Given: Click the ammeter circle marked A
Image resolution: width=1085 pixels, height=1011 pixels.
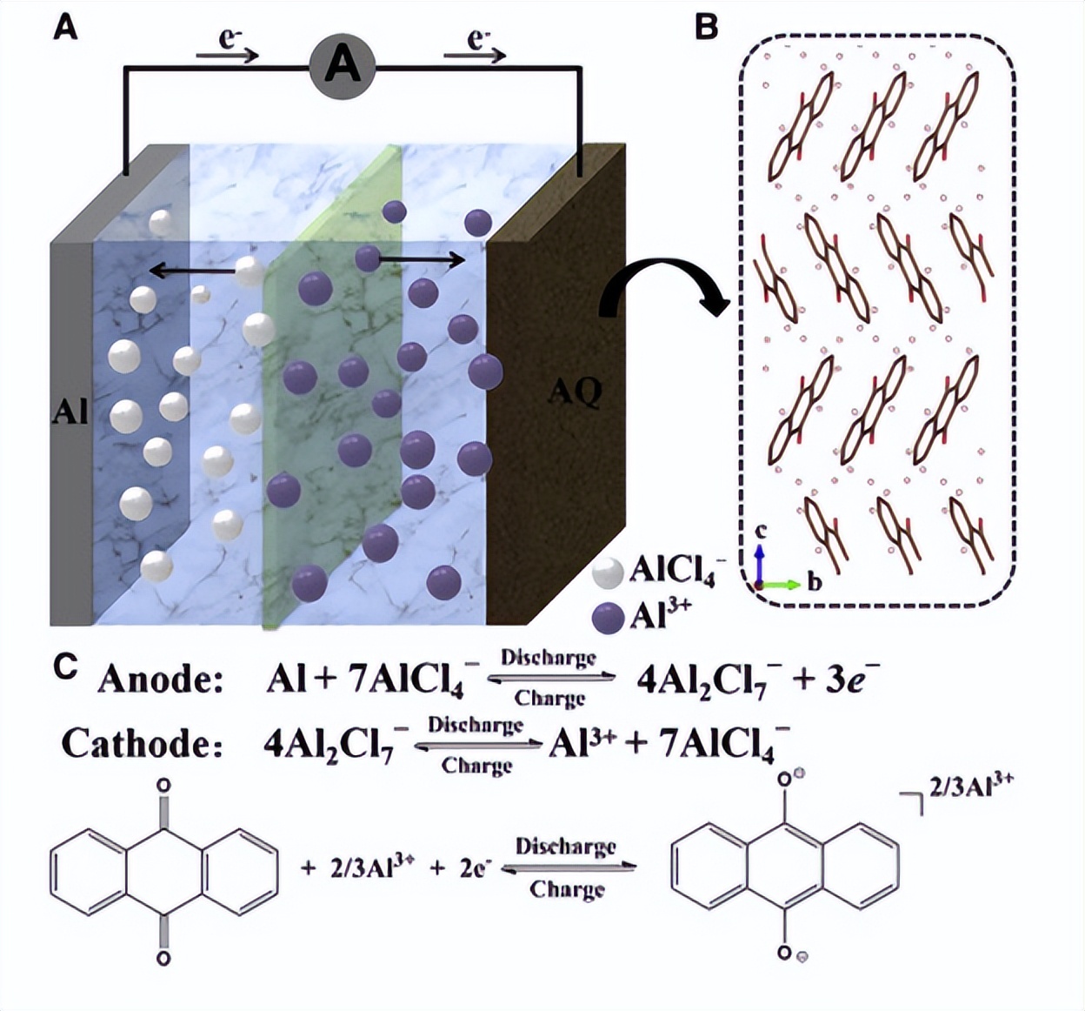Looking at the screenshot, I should (342, 65).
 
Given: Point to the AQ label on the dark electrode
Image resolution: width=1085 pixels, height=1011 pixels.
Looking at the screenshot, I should (575, 393).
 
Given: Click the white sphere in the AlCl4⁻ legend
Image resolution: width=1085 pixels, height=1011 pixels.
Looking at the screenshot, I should (608, 572).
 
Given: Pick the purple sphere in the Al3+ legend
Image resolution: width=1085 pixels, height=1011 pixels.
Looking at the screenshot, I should (608, 617).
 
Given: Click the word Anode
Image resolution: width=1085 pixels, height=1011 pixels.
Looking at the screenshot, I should (155, 680).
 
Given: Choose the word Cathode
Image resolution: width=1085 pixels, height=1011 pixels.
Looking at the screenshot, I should (136, 744).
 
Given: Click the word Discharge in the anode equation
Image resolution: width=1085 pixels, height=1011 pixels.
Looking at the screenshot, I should (549, 658).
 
